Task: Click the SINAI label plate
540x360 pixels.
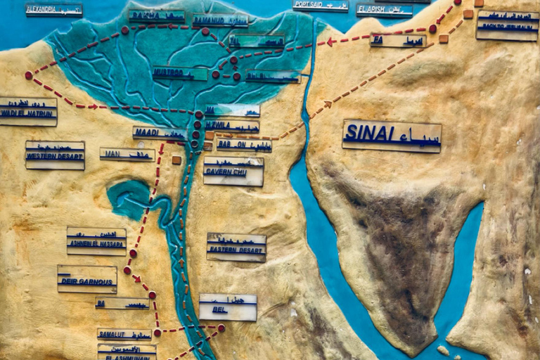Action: [392, 136]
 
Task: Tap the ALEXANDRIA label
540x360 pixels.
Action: [54, 10]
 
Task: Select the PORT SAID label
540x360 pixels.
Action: [321, 6]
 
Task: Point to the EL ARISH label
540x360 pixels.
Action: [384, 10]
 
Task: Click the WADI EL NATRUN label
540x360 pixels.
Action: [28, 112]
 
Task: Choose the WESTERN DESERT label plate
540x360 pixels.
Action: [55, 155]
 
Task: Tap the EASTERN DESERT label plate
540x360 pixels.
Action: [236, 247]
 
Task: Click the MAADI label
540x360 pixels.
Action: [160, 132]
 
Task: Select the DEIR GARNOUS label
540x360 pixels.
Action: [87, 279]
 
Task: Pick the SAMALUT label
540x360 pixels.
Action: [124, 334]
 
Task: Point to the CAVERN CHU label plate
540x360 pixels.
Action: [233, 171]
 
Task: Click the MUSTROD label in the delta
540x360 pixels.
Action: [180, 73]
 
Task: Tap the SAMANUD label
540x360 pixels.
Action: [219, 20]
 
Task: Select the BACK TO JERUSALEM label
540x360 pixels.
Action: [508, 25]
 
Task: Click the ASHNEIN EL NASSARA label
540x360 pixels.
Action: [96, 241]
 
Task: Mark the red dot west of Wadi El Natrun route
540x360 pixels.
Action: [29, 75]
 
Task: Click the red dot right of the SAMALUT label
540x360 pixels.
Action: [157, 332]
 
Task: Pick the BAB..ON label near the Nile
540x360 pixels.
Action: [243, 146]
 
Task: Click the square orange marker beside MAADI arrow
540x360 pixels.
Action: [176, 160]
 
